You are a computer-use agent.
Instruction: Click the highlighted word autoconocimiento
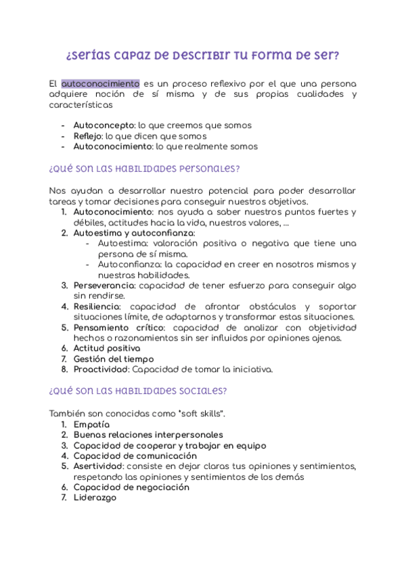(x=100, y=83)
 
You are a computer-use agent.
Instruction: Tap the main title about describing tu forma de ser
(x=202, y=54)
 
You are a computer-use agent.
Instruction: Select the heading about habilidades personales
(x=144, y=169)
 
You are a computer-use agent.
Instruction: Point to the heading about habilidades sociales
(x=138, y=391)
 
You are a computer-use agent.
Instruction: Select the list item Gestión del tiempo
(x=113, y=359)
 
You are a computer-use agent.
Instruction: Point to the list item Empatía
(x=91, y=424)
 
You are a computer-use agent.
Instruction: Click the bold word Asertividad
(x=98, y=466)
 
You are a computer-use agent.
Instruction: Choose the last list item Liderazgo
(x=95, y=498)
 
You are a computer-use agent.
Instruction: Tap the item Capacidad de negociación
(x=131, y=487)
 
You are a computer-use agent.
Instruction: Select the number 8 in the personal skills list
(x=64, y=370)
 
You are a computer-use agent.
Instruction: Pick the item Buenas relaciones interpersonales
(x=148, y=435)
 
